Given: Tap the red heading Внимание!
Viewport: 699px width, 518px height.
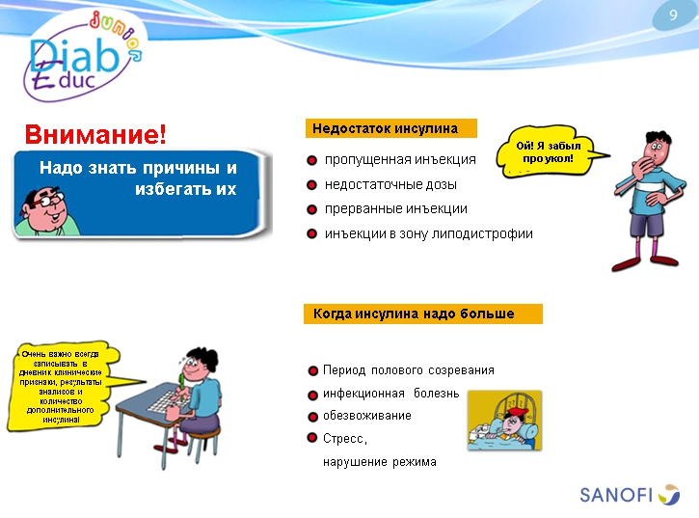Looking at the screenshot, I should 95,133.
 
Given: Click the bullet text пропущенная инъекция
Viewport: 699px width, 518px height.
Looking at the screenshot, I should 400,159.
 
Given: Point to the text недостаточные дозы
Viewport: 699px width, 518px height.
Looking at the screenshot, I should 390,184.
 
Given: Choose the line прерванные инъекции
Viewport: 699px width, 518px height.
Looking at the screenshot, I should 396,208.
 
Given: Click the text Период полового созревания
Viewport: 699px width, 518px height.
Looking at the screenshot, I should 409,370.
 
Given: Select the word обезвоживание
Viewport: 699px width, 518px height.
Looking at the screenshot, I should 366,416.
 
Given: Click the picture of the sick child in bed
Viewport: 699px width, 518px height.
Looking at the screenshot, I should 504,420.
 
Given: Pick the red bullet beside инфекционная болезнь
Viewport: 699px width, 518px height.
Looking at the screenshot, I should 312,395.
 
